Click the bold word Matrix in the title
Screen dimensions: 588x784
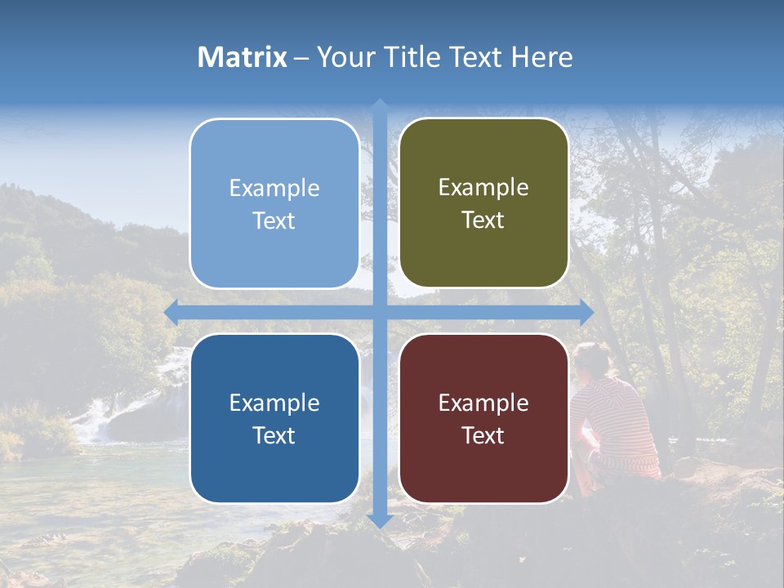coord(243,57)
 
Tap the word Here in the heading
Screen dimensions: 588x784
coord(542,57)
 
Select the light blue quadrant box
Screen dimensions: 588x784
coord(274,204)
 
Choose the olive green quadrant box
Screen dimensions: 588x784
coord(483,203)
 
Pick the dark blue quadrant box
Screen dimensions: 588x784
coord(274,418)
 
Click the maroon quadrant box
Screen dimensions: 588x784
coord(483,418)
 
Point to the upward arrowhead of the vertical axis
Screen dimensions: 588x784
coord(380,107)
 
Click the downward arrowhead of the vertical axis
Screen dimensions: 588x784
coord(380,519)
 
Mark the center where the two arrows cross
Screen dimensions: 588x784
coord(380,312)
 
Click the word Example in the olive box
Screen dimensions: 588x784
coord(483,188)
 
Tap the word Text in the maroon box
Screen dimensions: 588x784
coord(483,435)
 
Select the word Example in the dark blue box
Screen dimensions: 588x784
coord(274,403)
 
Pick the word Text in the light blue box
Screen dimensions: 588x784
coord(274,220)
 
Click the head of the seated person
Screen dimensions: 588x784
coord(591,359)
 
